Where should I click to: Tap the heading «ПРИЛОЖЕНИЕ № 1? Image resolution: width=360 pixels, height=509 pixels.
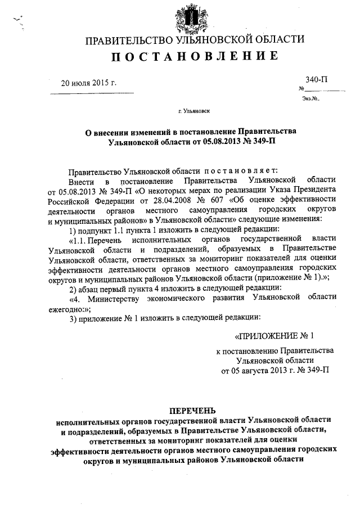274,336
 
